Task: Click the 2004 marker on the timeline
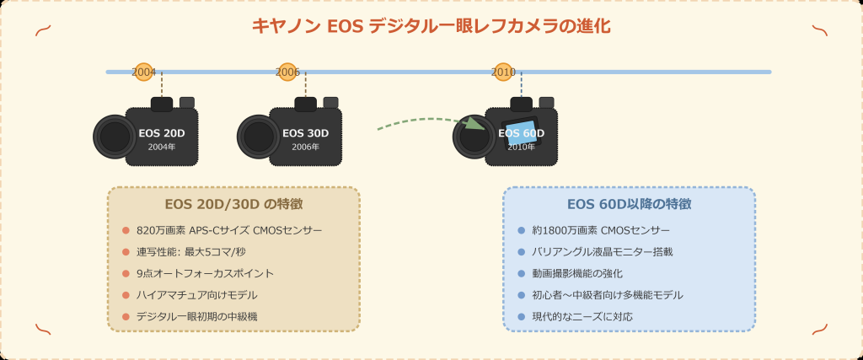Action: (x=144, y=72)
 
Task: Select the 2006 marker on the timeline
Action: (x=288, y=72)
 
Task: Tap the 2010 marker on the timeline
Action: (x=504, y=72)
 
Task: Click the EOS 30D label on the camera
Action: (x=305, y=133)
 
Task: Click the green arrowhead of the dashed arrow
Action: (x=476, y=123)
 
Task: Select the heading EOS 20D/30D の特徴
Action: (x=233, y=204)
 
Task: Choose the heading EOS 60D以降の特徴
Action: (x=629, y=204)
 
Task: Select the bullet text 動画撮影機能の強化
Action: (x=576, y=273)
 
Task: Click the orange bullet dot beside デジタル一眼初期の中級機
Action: (x=126, y=317)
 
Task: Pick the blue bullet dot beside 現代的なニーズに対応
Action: (x=522, y=317)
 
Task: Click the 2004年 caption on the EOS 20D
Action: (x=162, y=147)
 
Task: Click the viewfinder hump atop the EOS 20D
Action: (x=162, y=104)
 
